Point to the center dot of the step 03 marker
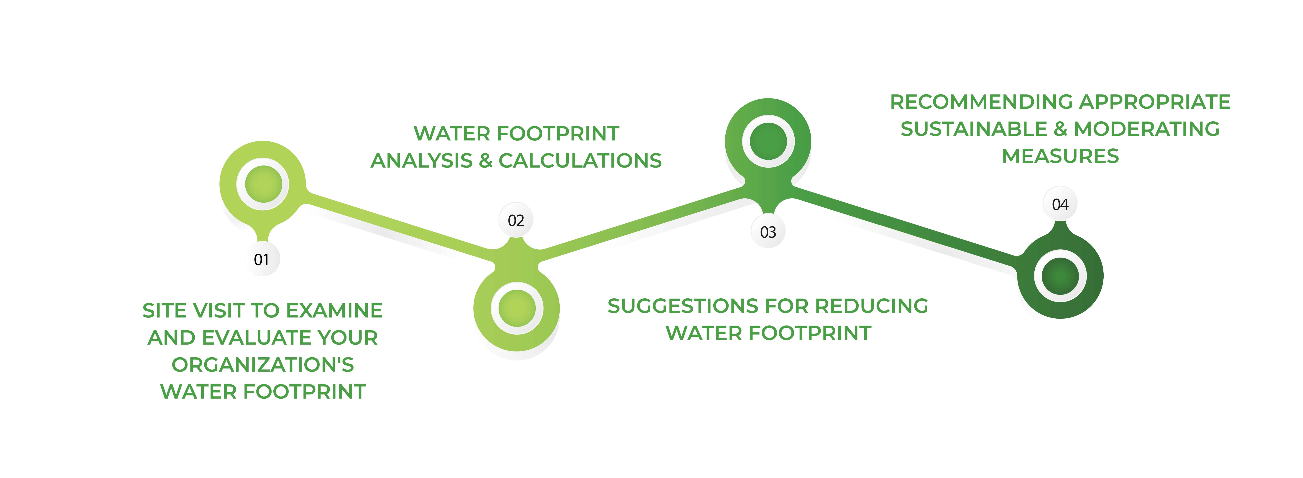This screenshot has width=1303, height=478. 768,141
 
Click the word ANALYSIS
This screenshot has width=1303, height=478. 421,161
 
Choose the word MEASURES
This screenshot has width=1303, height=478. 1060,156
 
